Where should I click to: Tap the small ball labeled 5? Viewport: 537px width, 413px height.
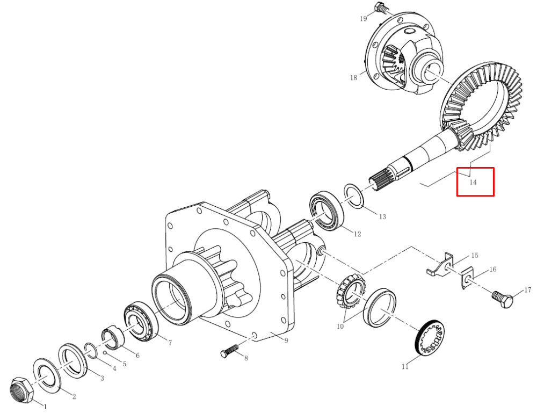point(105,353)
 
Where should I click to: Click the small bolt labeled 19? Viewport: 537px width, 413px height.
point(381,8)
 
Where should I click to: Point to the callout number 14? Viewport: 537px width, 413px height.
point(473,182)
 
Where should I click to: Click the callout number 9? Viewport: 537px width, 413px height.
point(286,340)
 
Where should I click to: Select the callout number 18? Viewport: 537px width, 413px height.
point(353,78)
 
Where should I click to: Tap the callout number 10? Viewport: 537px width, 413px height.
point(340,326)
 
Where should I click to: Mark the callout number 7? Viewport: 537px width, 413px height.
point(170,343)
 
